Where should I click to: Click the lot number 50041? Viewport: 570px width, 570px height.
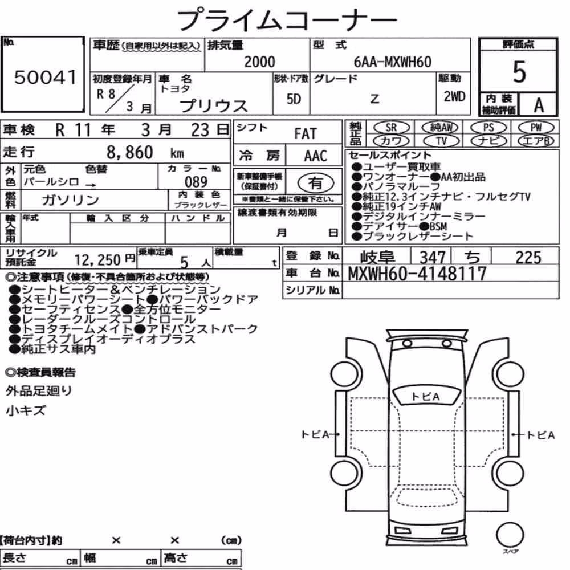pos(46,77)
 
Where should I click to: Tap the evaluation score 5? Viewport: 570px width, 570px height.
pos(519,72)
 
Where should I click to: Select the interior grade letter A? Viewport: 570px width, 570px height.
pos(539,105)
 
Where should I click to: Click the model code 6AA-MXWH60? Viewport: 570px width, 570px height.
pos(393,62)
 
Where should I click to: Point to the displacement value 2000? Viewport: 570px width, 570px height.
pos(259,62)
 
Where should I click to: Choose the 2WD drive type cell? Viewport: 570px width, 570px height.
pos(454,96)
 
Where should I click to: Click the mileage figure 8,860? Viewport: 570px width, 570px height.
pos(130,152)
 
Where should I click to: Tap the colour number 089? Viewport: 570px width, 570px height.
pos(196,182)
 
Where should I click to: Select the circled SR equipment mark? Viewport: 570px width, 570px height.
pos(391,127)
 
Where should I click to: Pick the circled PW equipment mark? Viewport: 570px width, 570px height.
pos(536,127)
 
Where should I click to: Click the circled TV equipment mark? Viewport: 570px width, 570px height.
pos(441,141)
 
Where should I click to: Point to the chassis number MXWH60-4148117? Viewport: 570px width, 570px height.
pos(417,274)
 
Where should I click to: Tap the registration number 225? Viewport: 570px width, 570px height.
pos(528,258)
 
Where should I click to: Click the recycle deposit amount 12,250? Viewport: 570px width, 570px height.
pos(97,260)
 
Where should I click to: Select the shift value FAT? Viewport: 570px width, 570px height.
pos(306,134)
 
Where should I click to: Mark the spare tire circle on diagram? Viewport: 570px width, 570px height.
pos(510,535)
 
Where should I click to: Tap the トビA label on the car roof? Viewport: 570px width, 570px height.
pos(425,397)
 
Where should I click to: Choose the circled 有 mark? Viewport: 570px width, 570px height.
pos(316,183)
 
